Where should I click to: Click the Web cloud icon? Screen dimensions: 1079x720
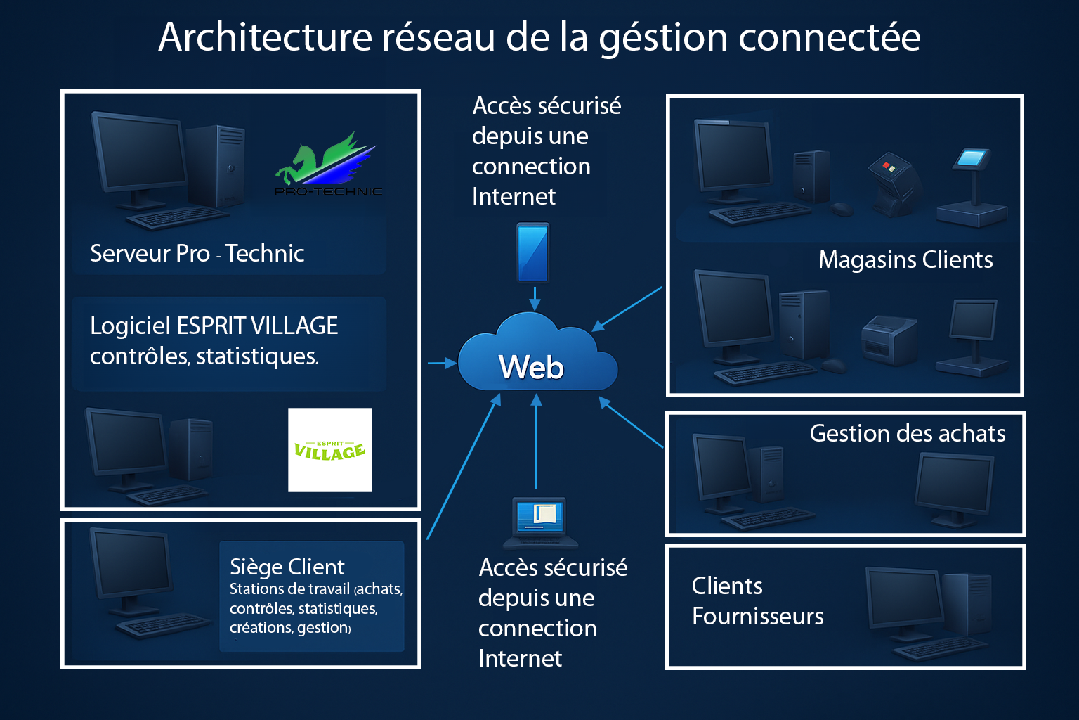click(x=537, y=353)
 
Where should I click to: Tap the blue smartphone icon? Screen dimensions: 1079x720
click(x=532, y=252)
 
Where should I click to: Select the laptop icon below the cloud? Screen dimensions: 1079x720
click(x=540, y=523)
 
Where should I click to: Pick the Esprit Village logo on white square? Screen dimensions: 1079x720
click(x=330, y=450)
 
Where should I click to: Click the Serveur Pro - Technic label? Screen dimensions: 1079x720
click(x=197, y=253)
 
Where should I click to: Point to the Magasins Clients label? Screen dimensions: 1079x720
click(x=905, y=259)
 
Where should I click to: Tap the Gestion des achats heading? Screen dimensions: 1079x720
click(x=908, y=433)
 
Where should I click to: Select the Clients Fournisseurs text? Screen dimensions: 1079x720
click(x=758, y=601)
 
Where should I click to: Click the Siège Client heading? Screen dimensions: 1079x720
click(x=287, y=567)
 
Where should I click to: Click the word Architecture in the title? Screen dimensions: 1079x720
click(x=266, y=37)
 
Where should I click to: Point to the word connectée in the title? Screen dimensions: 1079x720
click(x=830, y=37)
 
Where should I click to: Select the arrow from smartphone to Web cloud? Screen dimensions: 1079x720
click(x=535, y=299)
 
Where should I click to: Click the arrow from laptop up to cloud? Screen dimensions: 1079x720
click(x=536, y=442)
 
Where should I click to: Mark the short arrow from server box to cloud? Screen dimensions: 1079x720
click(x=442, y=363)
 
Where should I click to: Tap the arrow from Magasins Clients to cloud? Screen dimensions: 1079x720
click(x=627, y=309)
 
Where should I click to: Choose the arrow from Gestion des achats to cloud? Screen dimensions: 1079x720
click(x=631, y=422)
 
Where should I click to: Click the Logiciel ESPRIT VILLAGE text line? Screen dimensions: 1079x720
click(x=214, y=326)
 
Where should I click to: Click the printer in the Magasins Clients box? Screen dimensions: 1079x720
click(x=889, y=340)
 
